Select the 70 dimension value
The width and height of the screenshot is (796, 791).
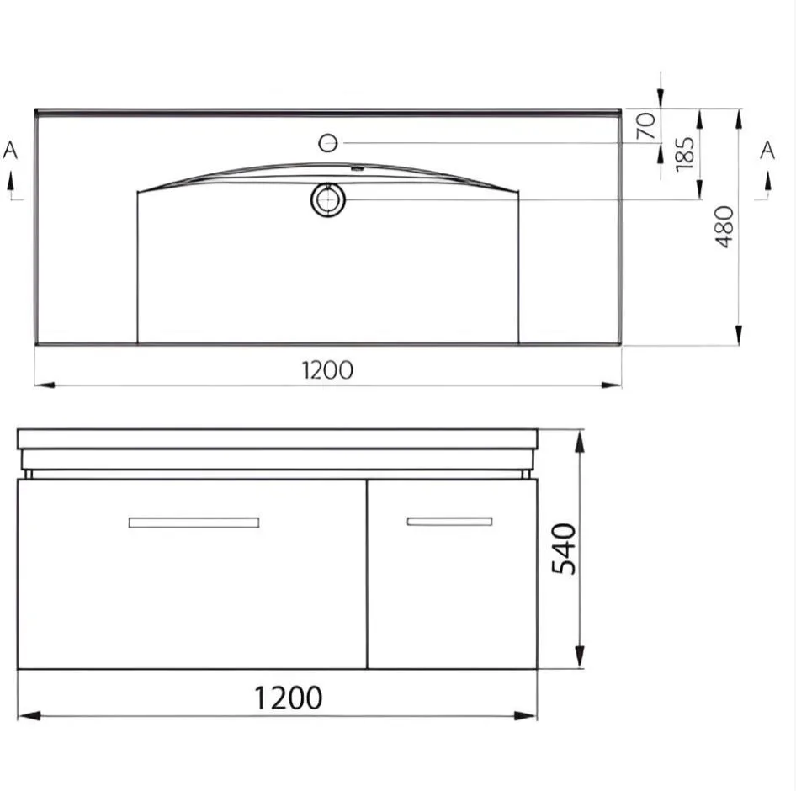pyautogui.click(x=645, y=125)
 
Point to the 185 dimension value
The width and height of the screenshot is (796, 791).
pyautogui.click(x=684, y=154)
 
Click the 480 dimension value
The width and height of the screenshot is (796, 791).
pyautogui.click(x=724, y=226)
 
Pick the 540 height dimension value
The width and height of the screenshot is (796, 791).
pyautogui.click(x=564, y=549)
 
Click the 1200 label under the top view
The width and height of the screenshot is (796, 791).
pyautogui.click(x=327, y=370)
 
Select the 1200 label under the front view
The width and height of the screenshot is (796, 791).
pyautogui.click(x=288, y=698)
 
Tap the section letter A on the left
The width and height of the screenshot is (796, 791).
pyautogui.click(x=10, y=151)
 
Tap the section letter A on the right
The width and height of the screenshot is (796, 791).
pyautogui.click(x=767, y=151)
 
